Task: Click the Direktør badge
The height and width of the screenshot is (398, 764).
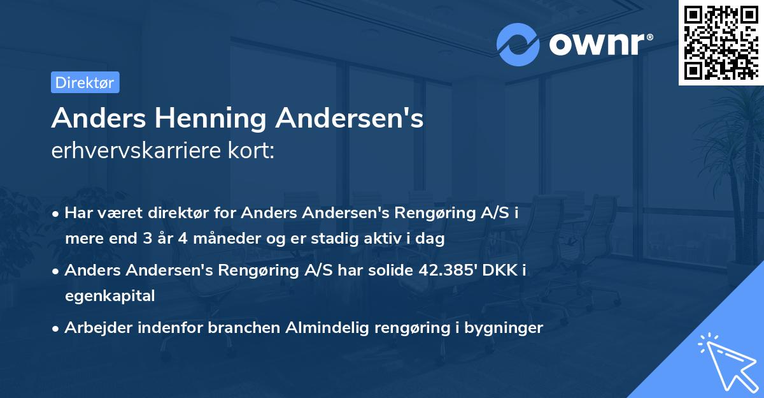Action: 85,82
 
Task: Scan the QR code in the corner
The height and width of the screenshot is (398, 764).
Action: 720,42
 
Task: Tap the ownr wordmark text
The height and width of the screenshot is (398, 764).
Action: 601,43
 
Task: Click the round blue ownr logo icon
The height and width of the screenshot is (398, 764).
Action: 518,44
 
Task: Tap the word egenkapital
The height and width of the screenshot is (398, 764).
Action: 110,295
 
